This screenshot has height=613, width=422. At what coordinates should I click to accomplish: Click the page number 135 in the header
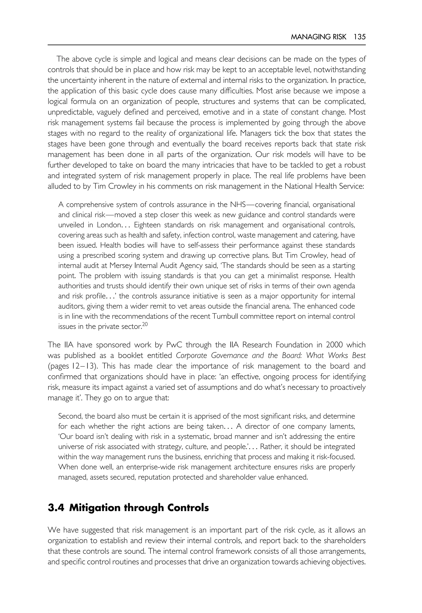coord(359,37)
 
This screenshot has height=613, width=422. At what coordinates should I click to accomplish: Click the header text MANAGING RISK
coord(318,37)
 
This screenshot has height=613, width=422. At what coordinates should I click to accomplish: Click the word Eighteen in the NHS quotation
coord(147,225)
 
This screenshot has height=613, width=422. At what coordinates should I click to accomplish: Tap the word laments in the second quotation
coord(343,426)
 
